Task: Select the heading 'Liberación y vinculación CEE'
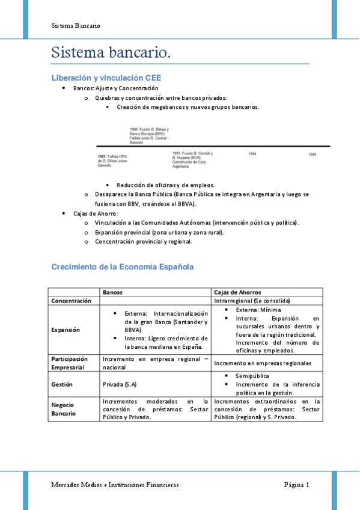(x=106, y=78)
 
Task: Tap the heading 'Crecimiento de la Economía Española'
(x=123, y=266)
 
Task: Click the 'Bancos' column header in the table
(x=113, y=292)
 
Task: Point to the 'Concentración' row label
(x=72, y=300)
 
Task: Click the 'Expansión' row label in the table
(x=66, y=330)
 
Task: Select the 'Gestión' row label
(x=63, y=384)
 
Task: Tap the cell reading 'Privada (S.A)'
(x=120, y=384)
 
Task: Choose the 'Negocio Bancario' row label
(x=63, y=409)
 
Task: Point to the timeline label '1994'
(x=252, y=154)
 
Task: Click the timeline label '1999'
(x=313, y=154)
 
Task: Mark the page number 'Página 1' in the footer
(x=297, y=485)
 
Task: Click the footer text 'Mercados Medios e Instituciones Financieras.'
(x=116, y=485)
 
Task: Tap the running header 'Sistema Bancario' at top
(x=76, y=26)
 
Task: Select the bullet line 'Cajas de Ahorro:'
(x=96, y=214)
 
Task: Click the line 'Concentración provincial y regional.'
(x=143, y=242)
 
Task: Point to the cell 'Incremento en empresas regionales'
(x=263, y=363)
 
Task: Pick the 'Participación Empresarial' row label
(x=74, y=363)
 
